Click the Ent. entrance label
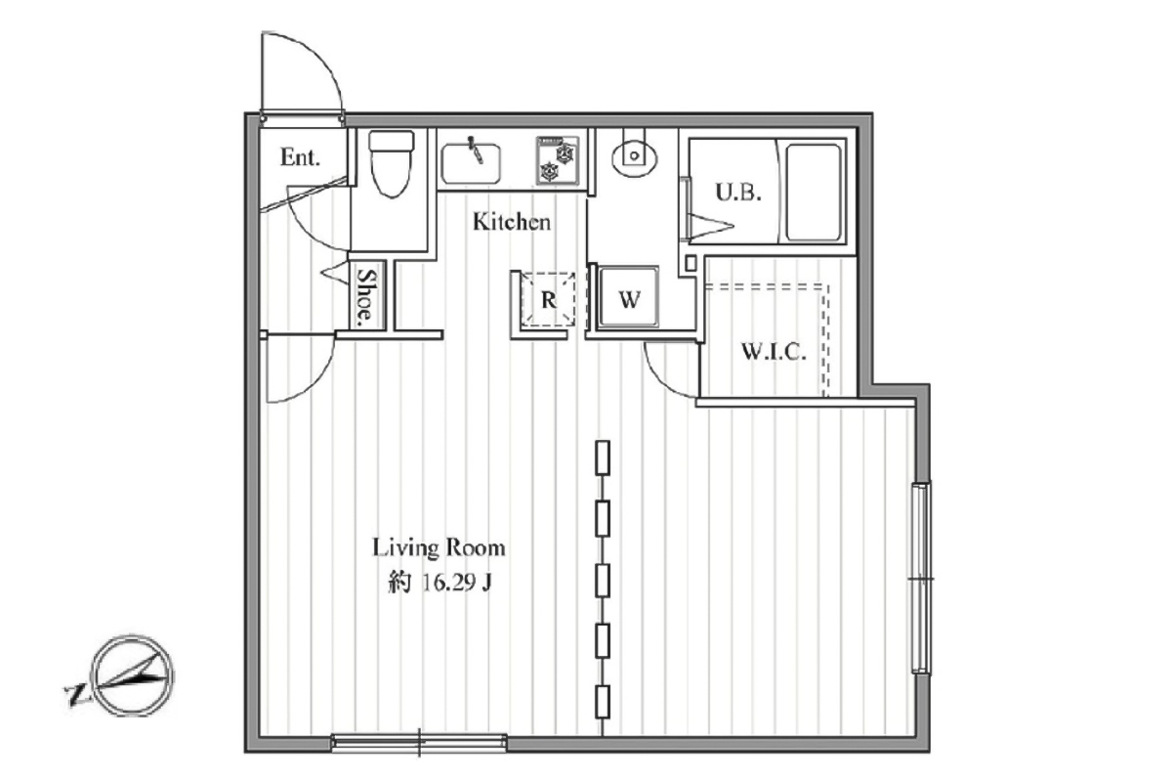click(300, 157)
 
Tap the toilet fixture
click(392, 163)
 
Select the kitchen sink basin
click(471, 164)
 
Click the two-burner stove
click(558, 160)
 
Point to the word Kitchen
click(512, 222)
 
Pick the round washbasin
click(634, 155)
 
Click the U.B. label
click(737, 193)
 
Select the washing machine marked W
click(628, 297)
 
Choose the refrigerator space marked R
click(548, 299)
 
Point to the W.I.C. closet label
click(774, 352)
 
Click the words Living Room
click(439, 547)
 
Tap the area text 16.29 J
click(456, 583)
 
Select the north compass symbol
click(134, 675)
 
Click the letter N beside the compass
click(75, 696)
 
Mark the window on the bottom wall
click(419, 743)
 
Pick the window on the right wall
click(921, 579)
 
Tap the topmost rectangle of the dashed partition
click(603, 457)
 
